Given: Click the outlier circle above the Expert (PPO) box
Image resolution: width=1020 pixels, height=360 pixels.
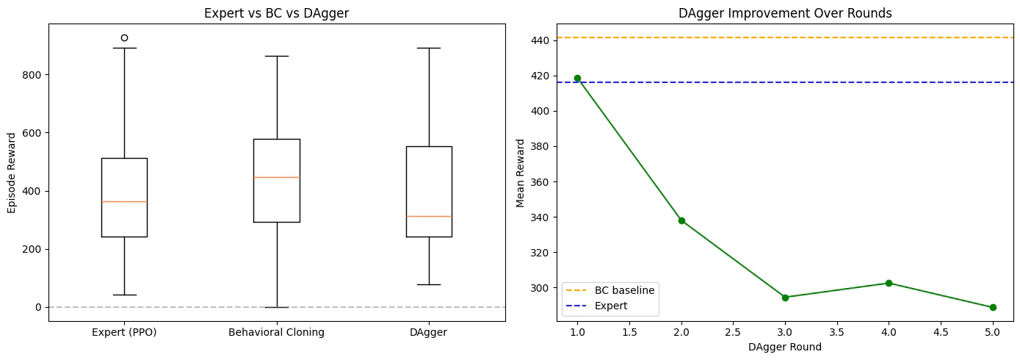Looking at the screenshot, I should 124,37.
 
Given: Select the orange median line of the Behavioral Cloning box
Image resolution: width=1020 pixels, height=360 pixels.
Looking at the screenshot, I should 277,177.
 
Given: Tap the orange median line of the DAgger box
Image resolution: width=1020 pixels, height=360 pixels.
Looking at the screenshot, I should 429,216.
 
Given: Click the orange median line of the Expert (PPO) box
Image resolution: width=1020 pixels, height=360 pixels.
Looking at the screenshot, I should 124,201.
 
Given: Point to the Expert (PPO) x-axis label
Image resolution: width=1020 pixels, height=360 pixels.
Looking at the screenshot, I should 124,332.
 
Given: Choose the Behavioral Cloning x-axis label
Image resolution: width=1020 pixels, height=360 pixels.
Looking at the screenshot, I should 277,332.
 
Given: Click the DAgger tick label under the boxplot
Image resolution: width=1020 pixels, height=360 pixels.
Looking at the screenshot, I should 429,332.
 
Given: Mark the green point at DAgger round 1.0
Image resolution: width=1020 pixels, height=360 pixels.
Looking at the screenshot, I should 577,78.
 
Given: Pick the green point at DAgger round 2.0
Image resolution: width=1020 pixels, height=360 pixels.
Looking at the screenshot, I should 681,220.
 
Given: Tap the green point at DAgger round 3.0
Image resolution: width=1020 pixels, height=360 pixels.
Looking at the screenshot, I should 785,298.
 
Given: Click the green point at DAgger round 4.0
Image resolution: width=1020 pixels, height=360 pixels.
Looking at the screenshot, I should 889,283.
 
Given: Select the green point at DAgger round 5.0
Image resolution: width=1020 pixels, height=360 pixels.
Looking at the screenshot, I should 993,307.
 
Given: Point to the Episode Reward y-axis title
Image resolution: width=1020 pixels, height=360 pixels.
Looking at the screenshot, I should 12,173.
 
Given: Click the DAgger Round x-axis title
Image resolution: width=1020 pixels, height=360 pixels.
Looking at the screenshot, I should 785,348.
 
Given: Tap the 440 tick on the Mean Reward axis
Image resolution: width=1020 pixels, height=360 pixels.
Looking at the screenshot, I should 540,40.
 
